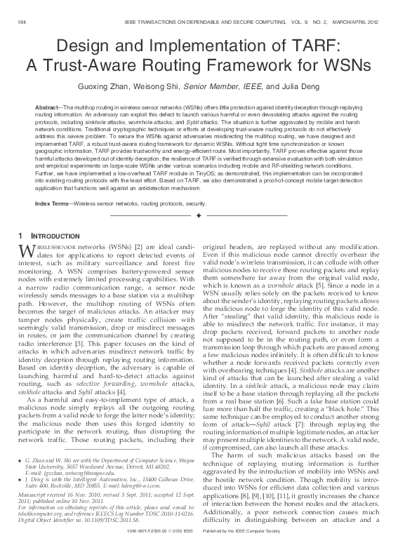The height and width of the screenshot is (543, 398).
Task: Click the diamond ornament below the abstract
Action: (x=199, y=213)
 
